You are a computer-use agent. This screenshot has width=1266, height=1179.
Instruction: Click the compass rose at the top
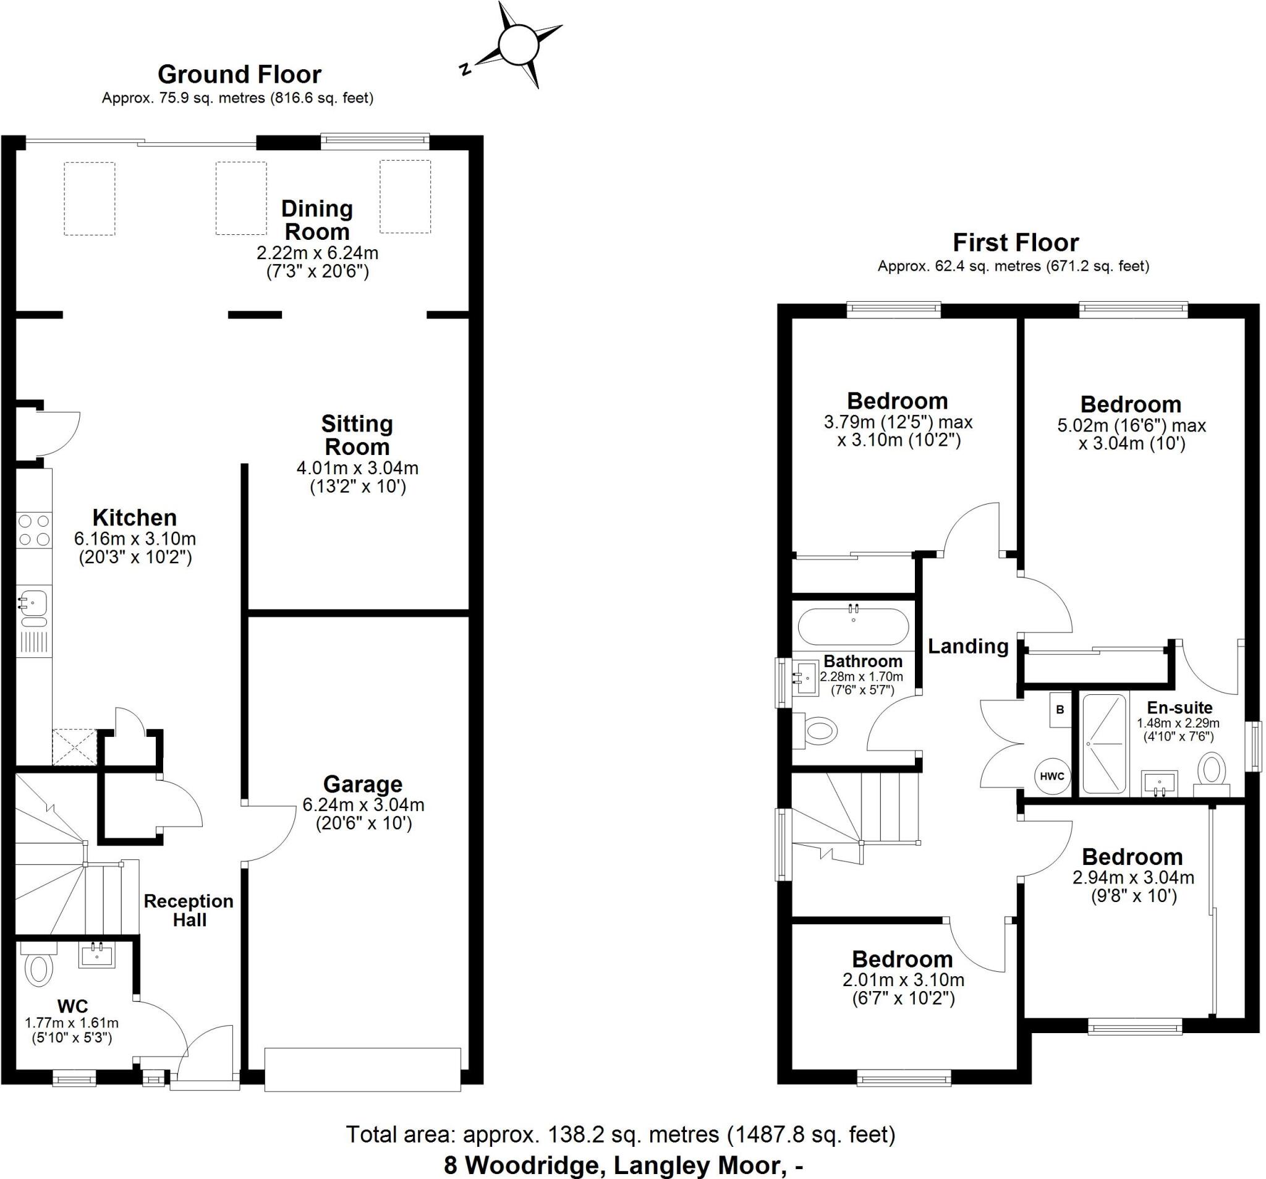tap(519, 45)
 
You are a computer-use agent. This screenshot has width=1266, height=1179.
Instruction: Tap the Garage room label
tap(362, 784)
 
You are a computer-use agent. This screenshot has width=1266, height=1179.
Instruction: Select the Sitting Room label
tap(357, 435)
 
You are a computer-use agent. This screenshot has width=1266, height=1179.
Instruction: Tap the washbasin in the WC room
tap(97, 955)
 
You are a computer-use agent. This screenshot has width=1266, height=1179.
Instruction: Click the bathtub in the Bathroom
tap(852, 627)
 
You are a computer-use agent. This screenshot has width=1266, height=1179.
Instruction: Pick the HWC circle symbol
tap(1051, 776)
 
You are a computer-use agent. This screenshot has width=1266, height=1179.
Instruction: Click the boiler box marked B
tap(1060, 710)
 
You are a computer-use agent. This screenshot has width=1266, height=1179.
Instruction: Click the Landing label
tap(967, 647)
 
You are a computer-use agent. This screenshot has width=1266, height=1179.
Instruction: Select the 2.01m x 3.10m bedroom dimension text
tap(903, 981)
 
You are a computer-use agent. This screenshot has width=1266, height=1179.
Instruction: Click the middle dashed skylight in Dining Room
tap(240, 198)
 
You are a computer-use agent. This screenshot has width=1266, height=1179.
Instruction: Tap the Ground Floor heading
tap(239, 75)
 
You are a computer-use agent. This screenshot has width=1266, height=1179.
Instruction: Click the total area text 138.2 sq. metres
tap(619, 1134)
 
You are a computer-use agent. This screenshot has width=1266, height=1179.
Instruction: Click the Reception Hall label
tap(189, 910)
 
